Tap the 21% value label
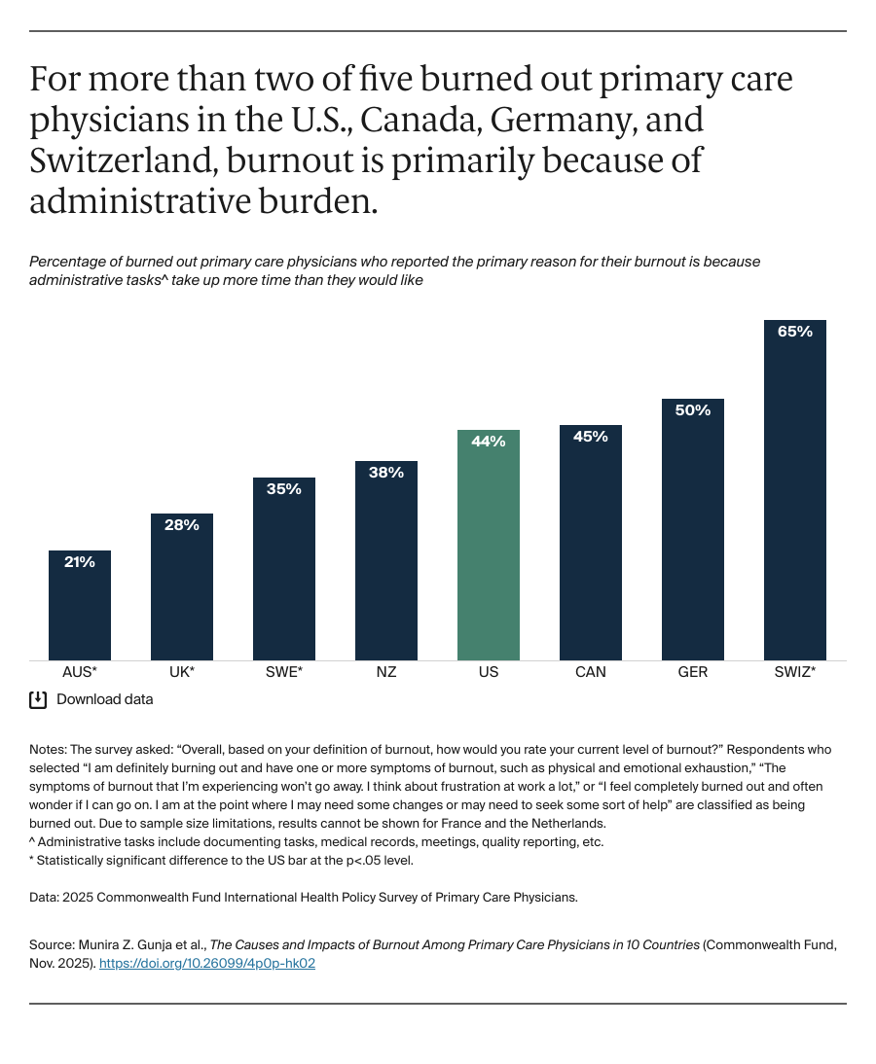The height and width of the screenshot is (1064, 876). [x=80, y=562]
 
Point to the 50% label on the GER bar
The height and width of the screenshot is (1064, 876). [x=692, y=410]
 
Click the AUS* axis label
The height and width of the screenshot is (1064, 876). [x=80, y=672]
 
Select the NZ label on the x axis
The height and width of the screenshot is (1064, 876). [x=385, y=672]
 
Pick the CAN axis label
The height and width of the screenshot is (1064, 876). [x=590, y=672]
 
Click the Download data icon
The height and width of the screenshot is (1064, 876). [x=38, y=699]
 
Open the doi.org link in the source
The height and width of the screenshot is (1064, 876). [x=206, y=964]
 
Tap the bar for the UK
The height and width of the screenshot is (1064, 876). [x=181, y=593]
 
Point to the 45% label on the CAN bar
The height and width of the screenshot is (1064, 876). [x=590, y=437]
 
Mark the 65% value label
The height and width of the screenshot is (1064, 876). [x=794, y=332]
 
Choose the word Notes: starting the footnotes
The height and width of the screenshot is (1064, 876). [x=49, y=750]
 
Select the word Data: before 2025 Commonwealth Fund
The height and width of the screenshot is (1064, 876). [x=44, y=898]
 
